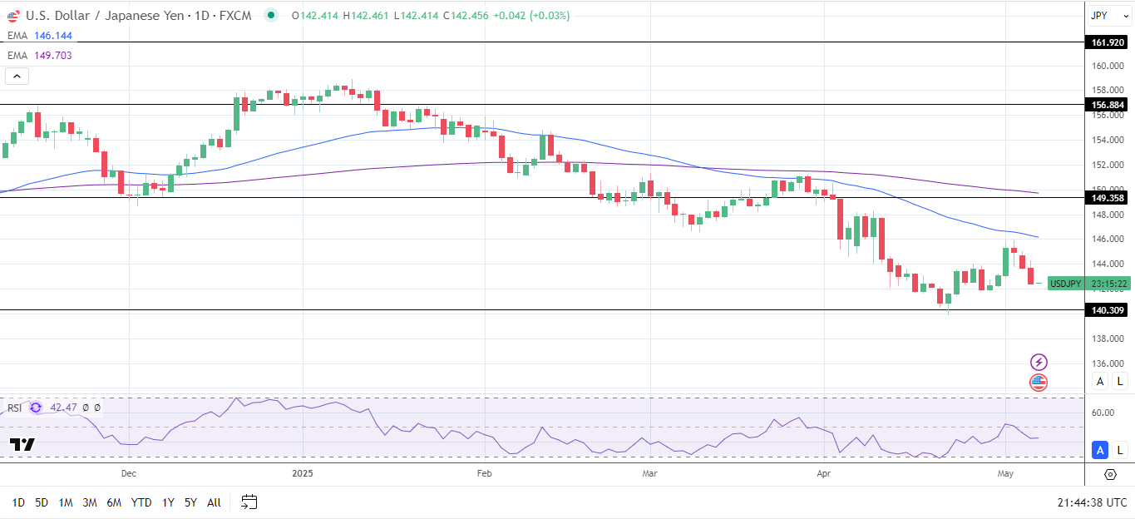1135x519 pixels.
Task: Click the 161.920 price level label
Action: click(x=1108, y=42)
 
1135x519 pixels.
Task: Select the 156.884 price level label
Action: click(x=1108, y=105)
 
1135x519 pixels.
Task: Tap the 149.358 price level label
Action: click(x=1108, y=198)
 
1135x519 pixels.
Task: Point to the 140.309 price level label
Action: click(x=1108, y=310)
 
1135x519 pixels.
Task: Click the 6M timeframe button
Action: click(x=115, y=502)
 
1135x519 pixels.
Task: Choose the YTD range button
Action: click(x=141, y=502)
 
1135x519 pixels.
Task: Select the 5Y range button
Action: click(x=190, y=502)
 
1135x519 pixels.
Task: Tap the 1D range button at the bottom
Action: click(x=18, y=502)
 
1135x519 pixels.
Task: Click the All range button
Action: click(x=214, y=502)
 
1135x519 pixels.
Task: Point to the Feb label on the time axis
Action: click(x=484, y=473)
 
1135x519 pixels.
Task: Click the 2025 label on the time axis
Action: click(x=302, y=473)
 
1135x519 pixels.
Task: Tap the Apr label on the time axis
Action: click(x=824, y=473)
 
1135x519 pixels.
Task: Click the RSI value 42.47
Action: click(x=63, y=408)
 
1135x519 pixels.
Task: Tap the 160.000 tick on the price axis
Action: click(x=1108, y=66)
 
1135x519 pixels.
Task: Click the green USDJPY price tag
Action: click(x=1065, y=284)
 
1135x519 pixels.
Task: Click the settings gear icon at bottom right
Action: click(x=1110, y=474)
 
